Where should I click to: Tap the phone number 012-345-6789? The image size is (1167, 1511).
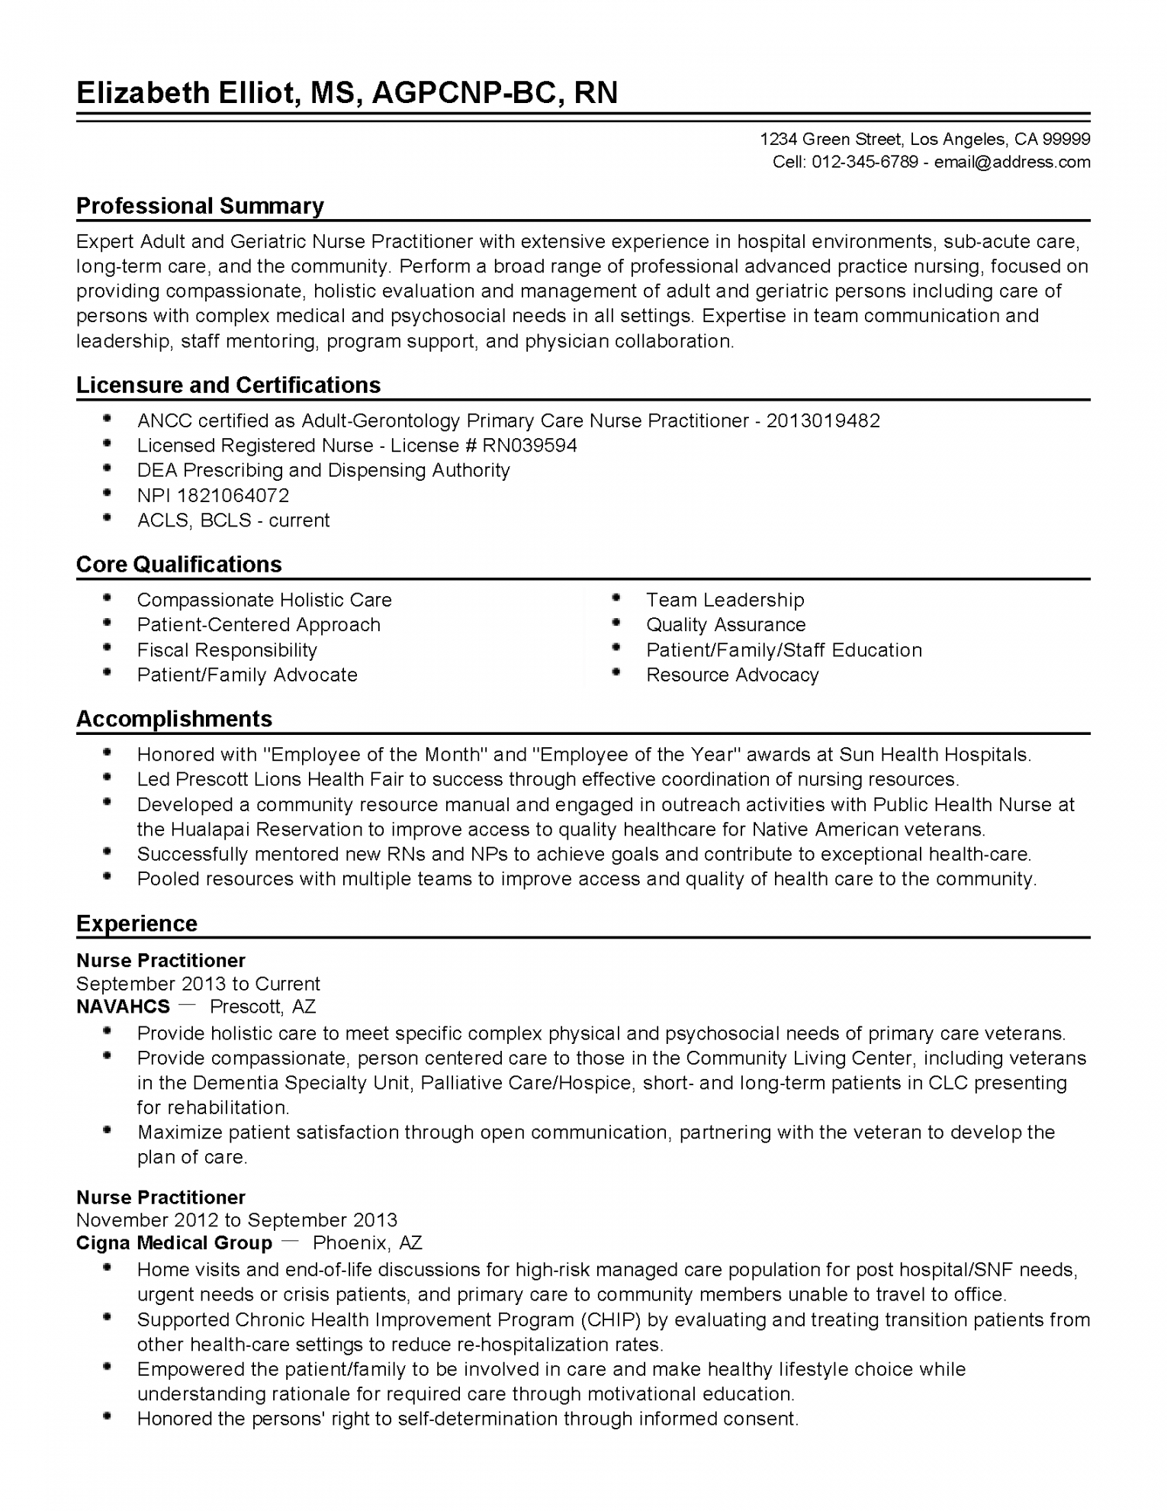(864, 162)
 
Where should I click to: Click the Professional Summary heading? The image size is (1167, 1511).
(200, 206)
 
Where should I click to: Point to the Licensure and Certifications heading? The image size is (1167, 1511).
(228, 385)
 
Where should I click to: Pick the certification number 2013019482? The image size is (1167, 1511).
(823, 420)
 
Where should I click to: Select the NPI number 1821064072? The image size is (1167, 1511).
(233, 495)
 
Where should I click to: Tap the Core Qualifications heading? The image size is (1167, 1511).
(178, 565)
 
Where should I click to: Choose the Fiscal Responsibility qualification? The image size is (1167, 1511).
(227, 650)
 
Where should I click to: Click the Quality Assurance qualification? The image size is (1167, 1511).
(725, 625)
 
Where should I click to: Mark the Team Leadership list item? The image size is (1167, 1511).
(725, 600)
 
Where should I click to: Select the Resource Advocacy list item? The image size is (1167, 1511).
(732, 675)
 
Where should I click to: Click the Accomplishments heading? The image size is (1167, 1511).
(174, 719)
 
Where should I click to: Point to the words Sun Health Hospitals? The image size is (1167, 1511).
(934, 755)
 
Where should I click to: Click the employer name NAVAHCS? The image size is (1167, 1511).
(123, 1007)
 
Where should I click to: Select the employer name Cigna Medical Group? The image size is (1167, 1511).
(174, 1243)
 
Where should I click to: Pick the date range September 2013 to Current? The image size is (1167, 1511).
(198, 984)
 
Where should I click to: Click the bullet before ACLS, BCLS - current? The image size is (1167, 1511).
(108, 518)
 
